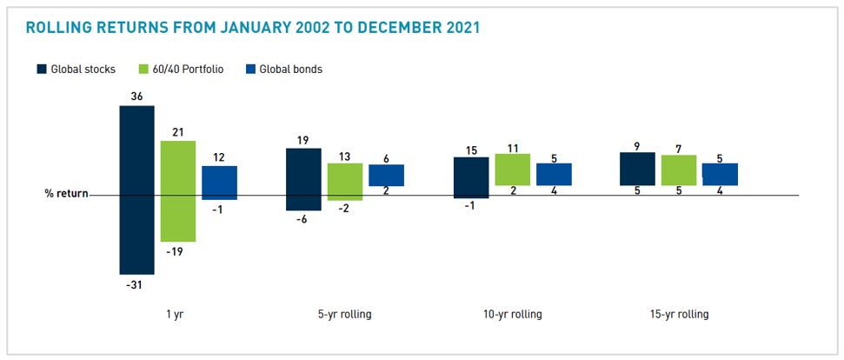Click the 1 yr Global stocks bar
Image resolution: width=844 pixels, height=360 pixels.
coord(136,190)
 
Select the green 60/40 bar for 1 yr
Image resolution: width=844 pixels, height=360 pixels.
coord(178,190)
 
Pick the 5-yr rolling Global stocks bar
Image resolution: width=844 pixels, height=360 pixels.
coord(303,179)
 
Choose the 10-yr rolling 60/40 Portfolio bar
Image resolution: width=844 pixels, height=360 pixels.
coord(512,170)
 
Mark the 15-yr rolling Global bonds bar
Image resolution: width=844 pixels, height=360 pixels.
coord(720,174)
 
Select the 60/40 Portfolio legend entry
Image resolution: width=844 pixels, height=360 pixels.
coord(177,69)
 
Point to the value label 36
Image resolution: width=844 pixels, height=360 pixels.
coord(136,97)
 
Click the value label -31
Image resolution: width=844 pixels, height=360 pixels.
coord(136,283)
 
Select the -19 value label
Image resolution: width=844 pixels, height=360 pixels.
coord(178,250)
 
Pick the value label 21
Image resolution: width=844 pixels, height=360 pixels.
coord(178,131)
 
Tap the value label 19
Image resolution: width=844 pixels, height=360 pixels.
coord(303,139)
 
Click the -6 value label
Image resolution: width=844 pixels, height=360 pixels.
coord(303,220)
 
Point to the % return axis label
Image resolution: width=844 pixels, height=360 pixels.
coord(66,194)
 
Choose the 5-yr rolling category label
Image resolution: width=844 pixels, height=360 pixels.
coord(344,314)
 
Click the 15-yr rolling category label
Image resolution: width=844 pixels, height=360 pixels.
coord(679,314)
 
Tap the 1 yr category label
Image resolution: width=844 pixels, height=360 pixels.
coord(178,314)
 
